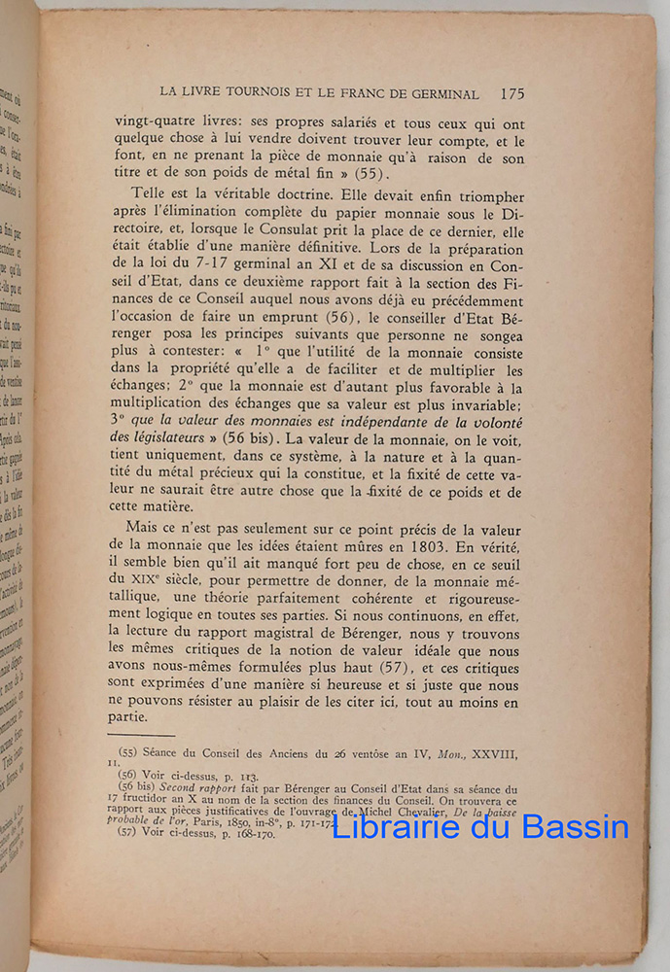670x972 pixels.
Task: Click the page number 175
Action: (x=511, y=94)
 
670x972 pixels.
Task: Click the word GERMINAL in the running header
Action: (x=438, y=95)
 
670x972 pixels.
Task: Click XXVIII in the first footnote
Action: (x=492, y=753)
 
